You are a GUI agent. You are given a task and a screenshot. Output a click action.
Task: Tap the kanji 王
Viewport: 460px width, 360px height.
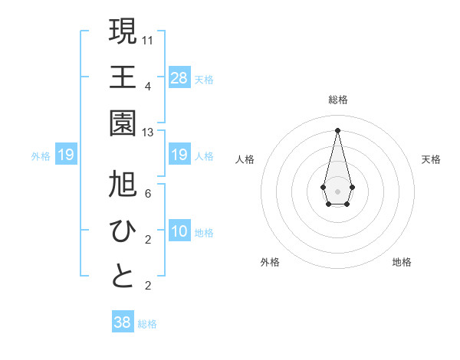pyautogui.click(x=123, y=77)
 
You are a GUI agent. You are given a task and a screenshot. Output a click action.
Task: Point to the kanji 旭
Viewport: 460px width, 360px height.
pyautogui.click(x=123, y=184)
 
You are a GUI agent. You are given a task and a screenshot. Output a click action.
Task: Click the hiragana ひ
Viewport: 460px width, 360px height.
pyautogui.click(x=123, y=230)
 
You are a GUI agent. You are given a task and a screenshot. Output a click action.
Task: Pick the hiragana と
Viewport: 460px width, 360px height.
pyautogui.click(x=123, y=277)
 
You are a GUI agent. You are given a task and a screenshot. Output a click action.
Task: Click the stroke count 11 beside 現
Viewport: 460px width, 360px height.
pyautogui.click(x=148, y=39)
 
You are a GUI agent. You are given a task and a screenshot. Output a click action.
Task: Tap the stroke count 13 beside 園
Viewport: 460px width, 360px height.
pyautogui.click(x=148, y=133)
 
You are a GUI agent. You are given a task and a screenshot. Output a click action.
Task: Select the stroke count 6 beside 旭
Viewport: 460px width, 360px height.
pyautogui.click(x=147, y=194)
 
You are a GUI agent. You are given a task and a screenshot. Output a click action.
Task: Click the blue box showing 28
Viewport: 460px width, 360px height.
pyautogui.click(x=179, y=77)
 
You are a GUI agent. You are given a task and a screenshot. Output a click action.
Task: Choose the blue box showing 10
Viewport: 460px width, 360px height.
pyautogui.click(x=179, y=232)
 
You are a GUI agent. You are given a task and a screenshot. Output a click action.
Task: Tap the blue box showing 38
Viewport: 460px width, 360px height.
pyautogui.click(x=123, y=322)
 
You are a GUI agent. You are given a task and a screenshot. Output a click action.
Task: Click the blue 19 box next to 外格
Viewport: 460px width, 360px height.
pyautogui.click(x=66, y=155)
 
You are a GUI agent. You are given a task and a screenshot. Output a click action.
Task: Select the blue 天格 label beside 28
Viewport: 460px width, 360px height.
pyautogui.click(x=204, y=79)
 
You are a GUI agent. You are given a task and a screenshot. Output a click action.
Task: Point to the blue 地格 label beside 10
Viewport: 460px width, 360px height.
pyautogui.click(x=204, y=233)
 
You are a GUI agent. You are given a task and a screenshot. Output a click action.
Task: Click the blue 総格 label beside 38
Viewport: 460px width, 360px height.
pyautogui.click(x=147, y=324)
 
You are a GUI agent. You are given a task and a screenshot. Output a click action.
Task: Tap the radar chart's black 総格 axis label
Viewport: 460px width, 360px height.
pyautogui.click(x=337, y=100)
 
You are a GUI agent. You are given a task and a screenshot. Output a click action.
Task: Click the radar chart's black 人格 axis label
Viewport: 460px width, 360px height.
pyautogui.click(x=245, y=159)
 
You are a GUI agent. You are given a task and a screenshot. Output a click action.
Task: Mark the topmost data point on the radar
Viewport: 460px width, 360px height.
pyautogui.click(x=337, y=129)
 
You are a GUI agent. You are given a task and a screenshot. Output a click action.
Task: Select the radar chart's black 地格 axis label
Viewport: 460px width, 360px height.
pyautogui.click(x=402, y=262)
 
